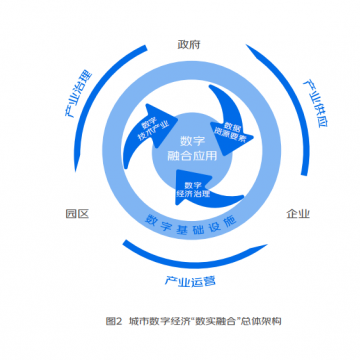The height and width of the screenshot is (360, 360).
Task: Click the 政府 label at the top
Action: pos(188,45)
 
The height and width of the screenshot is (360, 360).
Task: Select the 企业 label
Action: pos(298,213)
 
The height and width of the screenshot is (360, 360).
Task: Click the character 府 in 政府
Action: pos(195,45)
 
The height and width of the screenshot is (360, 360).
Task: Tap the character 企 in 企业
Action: pos(292,213)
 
